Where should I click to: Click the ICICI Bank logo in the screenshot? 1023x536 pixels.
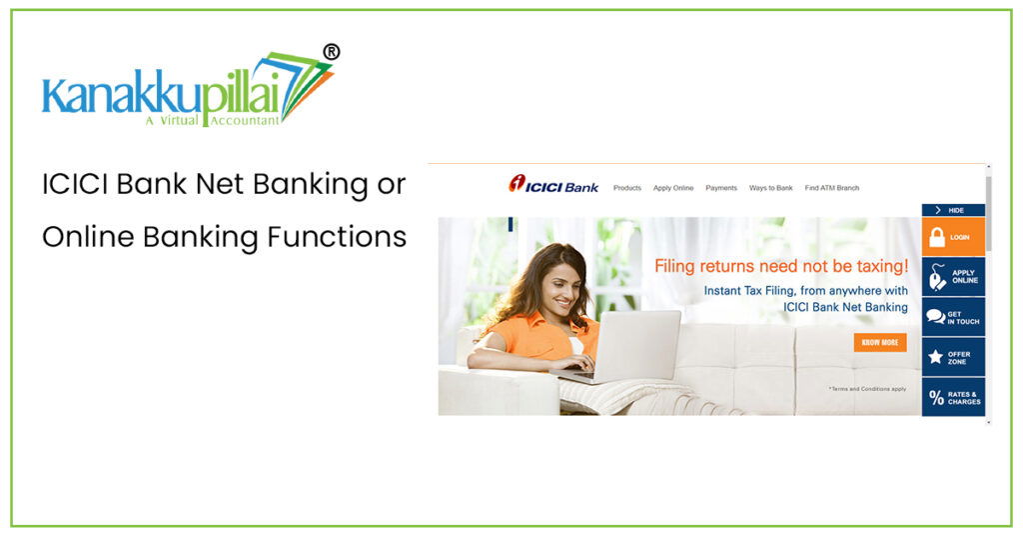[x=553, y=186]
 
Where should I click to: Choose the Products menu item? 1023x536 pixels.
[x=627, y=188]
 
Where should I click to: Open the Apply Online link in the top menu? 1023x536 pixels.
[x=673, y=188]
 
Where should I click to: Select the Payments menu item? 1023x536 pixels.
[x=721, y=188]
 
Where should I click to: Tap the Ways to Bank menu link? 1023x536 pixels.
[x=770, y=188]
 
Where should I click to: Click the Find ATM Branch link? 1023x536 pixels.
[x=831, y=188]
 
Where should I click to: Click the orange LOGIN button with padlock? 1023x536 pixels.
[x=953, y=237]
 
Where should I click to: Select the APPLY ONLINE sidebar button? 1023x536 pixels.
[x=953, y=277]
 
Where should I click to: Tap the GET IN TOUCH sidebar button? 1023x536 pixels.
[x=953, y=317]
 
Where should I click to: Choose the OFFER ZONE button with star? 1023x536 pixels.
[x=953, y=357]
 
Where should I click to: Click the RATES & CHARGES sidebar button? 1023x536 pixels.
[x=953, y=397]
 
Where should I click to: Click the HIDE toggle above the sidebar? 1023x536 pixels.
[x=953, y=210]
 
